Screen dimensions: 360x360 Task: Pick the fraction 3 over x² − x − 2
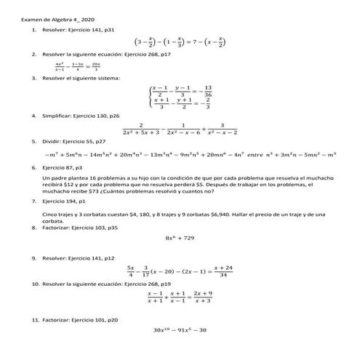[x=223, y=128]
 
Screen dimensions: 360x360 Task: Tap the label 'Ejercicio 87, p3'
[x=65, y=167]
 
